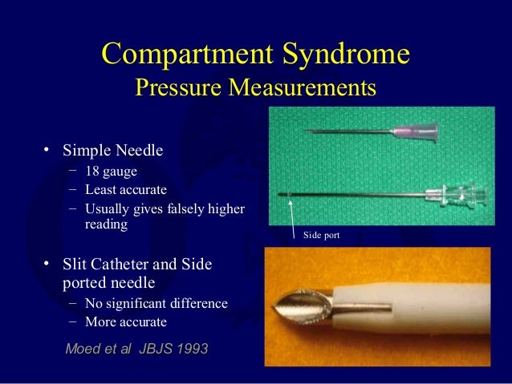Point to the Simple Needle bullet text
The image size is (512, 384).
click(112, 149)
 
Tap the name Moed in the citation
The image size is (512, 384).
click(83, 349)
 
